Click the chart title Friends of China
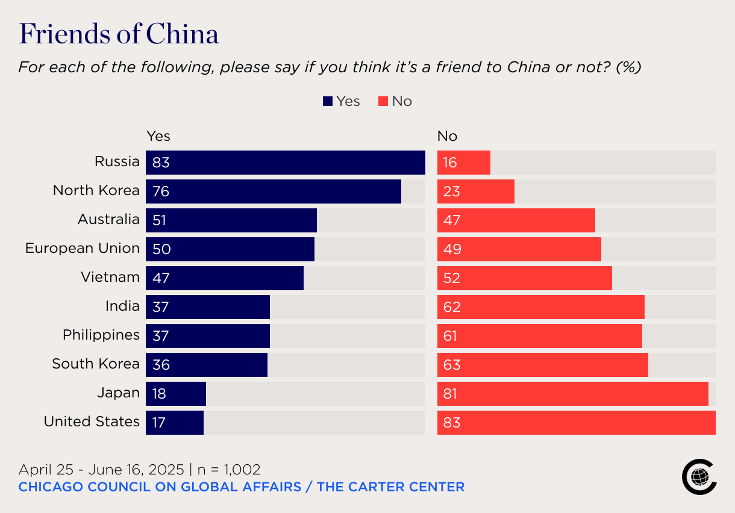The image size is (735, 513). (x=119, y=34)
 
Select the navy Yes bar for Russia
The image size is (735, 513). (x=286, y=163)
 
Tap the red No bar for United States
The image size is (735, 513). (x=576, y=423)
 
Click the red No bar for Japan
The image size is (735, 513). (x=572, y=394)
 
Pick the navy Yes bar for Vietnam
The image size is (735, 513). (x=225, y=278)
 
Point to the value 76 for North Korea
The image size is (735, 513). (x=161, y=191)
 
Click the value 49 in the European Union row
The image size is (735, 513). (x=452, y=249)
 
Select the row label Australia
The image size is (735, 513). (x=108, y=219)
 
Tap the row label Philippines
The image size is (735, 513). (x=101, y=335)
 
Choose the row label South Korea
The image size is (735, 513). (x=96, y=364)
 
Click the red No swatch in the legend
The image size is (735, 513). (x=383, y=102)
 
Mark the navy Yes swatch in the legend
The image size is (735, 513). (x=328, y=102)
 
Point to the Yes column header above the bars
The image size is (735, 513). (x=158, y=136)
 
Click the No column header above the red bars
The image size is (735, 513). (x=447, y=136)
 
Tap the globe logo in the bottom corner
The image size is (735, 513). (x=699, y=477)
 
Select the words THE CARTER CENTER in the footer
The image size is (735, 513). (x=390, y=487)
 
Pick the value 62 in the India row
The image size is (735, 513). (x=452, y=307)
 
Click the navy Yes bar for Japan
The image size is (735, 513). (x=176, y=394)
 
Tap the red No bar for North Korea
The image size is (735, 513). (x=476, y=191)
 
